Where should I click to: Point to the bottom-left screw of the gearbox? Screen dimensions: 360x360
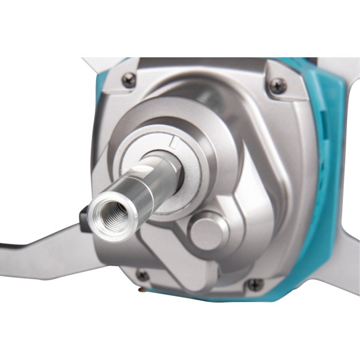(x=143, y=276)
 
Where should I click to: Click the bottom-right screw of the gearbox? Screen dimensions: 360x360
(x=253, y=285)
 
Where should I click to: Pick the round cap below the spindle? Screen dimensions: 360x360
(x=208, y=231)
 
